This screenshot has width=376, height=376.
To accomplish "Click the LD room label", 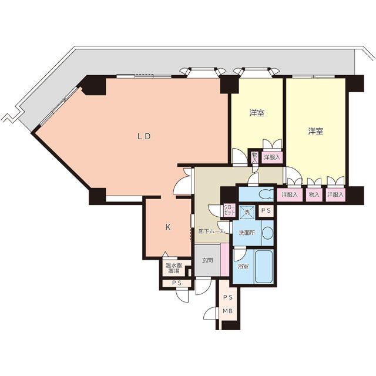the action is (x=143, y=136).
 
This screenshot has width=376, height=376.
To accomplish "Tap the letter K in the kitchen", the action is (x=168, y=227).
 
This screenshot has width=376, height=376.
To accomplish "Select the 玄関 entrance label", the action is (x=207, y=260).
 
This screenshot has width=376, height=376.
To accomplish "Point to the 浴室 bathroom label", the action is (x=243, y=266).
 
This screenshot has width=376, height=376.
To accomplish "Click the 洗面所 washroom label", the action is (x=247, y=233).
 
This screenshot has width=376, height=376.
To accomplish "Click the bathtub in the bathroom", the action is (x=264, y=266).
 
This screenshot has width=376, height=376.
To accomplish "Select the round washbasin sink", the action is (x=268, y=233).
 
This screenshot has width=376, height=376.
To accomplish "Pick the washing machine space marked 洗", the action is (x=247, y=212).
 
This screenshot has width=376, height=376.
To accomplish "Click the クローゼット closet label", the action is (x=230, y=210).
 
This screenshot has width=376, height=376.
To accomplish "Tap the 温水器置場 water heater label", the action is (x=174, y=268).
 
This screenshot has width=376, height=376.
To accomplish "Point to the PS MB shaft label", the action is (x=228, y=304).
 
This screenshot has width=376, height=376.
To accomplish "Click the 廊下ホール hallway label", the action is (x=211, y=231).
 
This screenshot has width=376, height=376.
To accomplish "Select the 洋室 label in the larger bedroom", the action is (x=315, y=131).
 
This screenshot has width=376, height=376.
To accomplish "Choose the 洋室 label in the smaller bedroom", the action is (x=257, y=113).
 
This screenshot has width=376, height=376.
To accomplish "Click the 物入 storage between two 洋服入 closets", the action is (x=314, y=194).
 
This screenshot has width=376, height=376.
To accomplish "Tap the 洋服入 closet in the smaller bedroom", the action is (x=272, y=157).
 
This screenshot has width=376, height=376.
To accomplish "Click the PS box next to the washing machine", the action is (x=266, y=210).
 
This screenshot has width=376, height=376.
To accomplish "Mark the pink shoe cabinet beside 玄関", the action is (x=224, y=260).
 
